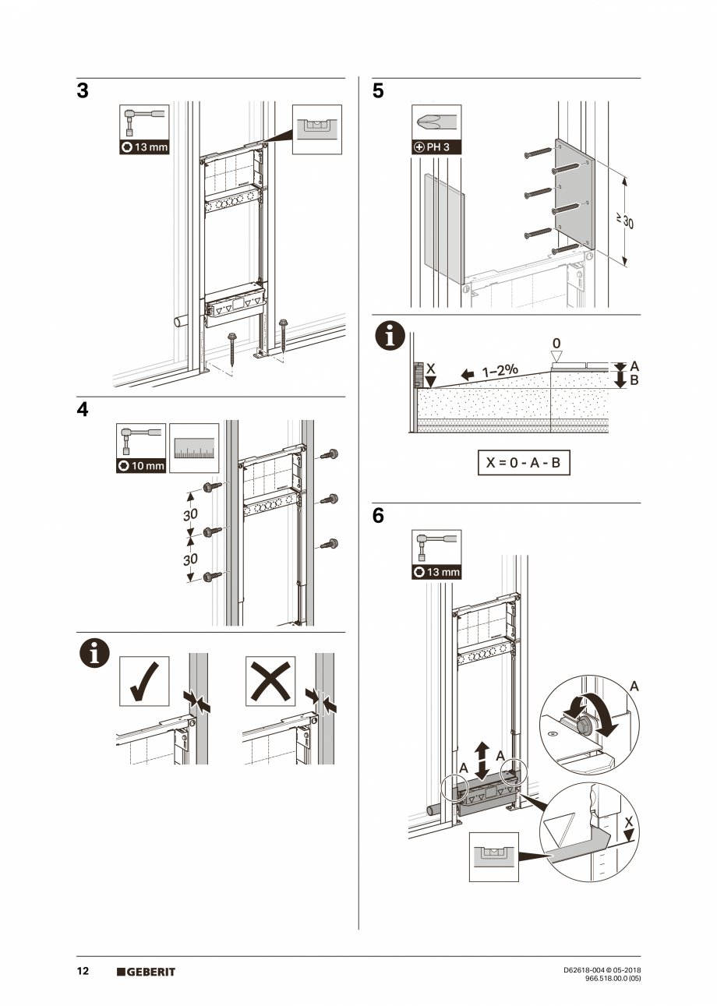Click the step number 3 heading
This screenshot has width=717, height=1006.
pos(83,91)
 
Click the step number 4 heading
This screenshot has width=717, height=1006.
pos(83,410)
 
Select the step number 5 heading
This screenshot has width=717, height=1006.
pos(378,91)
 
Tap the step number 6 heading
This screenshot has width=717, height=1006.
pos(378,516)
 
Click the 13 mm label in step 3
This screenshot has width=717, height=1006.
pos(144,147)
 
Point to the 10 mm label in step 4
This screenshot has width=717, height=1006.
pos(141,466)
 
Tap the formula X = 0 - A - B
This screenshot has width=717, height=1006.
pos(523,462)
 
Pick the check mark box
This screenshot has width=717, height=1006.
pos(144,681)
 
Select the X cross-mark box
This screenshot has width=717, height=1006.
pos(270,681)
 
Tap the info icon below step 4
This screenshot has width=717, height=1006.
pos(94,654)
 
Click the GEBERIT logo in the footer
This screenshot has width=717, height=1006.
pos(147,972)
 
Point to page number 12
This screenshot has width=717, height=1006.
pos(82,972)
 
